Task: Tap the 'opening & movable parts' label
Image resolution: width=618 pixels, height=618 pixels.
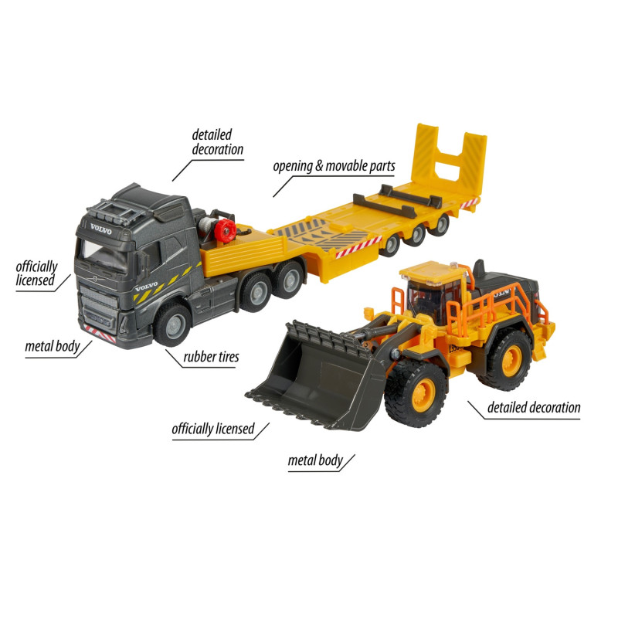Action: point(334,166)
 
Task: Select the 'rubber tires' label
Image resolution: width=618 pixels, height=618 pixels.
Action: point(211,357)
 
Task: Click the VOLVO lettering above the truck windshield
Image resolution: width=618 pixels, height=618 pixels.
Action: point(101,229)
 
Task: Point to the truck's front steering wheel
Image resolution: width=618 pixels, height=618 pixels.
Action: point(172,324)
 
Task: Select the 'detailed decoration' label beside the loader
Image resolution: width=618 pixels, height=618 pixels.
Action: point(534,407)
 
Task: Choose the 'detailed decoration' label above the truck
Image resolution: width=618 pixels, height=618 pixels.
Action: point(218,142)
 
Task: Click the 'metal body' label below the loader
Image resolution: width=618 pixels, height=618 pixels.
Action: point(315,460)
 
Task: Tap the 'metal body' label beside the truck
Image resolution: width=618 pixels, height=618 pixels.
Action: point(53,346)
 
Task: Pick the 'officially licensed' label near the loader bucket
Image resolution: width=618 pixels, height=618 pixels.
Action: point(213,429)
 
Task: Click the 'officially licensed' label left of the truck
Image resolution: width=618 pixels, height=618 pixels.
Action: point(36,273)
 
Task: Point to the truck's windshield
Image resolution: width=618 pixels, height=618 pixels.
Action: point(104,253)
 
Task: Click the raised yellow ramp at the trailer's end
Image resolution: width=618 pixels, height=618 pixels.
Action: point(449,161)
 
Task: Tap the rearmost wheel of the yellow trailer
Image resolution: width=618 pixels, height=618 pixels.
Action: point(440,225)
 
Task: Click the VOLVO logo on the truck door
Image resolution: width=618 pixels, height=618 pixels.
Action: point(146,287)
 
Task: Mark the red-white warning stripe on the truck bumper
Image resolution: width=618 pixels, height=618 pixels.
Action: point(100,334)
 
